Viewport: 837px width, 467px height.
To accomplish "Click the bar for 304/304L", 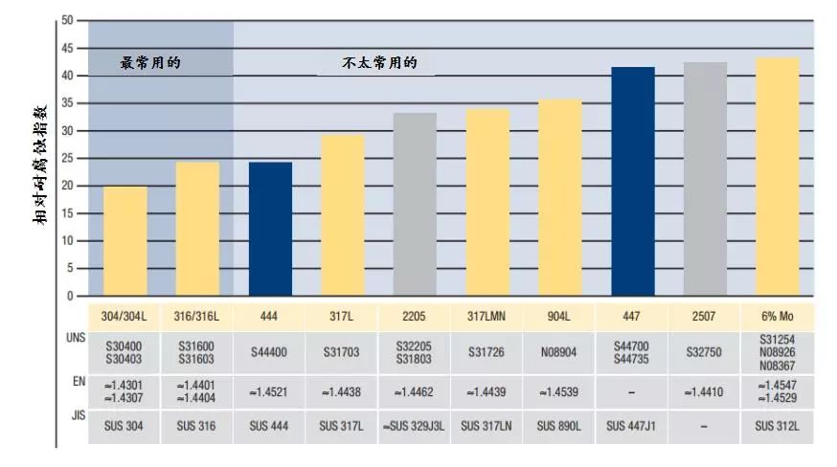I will [125, 241].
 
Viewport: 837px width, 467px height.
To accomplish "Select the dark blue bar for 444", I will [270, 229].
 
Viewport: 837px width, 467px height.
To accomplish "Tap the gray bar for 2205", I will [415, 204].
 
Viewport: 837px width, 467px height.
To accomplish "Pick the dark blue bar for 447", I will [633, 181].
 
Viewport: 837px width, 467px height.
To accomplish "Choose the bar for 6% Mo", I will [778, 176].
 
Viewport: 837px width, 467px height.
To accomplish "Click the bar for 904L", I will [559, 197].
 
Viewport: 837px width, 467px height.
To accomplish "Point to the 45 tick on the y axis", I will [66, 48].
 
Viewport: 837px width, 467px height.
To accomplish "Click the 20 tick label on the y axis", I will [66, 186].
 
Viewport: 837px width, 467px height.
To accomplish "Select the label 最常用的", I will [150, 63].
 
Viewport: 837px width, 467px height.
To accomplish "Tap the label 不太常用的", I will [380, 64].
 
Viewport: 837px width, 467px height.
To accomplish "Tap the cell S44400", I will [270, 353].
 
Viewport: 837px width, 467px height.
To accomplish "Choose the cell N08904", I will [559, 353].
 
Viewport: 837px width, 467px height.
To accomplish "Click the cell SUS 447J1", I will [633, 425].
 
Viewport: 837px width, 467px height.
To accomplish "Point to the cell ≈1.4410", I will [706, 391].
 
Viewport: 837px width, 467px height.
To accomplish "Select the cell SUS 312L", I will [778, 425].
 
